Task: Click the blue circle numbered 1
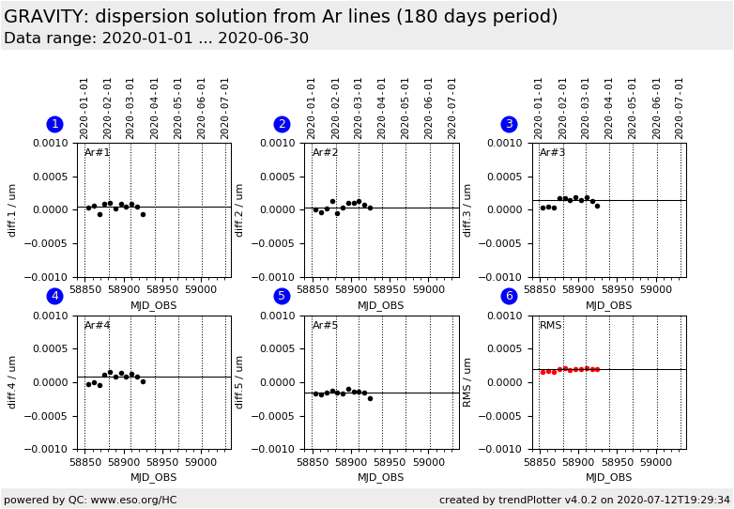54,124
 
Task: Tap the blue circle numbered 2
282,124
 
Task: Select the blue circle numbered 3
509,124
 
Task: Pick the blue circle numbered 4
54,296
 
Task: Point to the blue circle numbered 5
282,296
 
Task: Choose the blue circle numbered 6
509,296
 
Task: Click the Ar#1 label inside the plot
98,153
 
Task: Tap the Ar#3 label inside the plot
553,153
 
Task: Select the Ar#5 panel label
325,326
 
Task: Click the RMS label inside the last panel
551,326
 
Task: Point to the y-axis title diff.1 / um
13,209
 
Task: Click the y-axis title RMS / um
467,381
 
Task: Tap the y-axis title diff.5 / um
240,381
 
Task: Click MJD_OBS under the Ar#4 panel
153,477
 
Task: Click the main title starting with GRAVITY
281,17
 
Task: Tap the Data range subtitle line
156,39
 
